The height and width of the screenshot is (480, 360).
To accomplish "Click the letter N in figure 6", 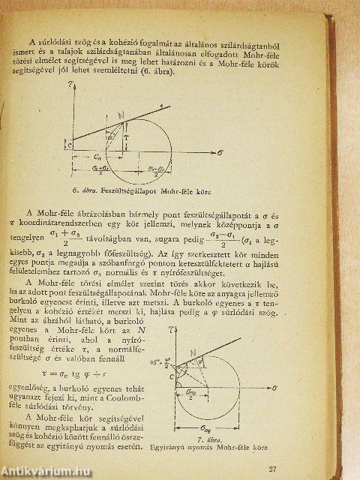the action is [120, 115].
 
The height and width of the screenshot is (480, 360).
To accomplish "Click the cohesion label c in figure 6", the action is [70, 145].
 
